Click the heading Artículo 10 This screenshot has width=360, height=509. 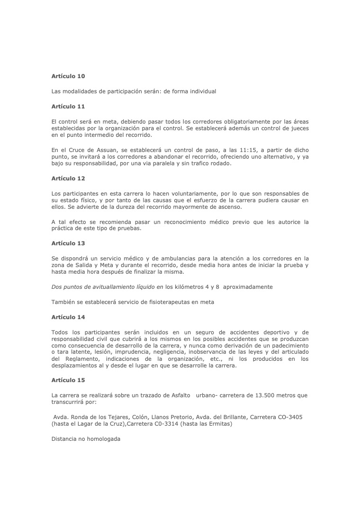[68, 76]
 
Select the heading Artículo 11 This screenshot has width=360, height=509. [68, 107]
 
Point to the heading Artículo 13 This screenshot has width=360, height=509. [68, 243]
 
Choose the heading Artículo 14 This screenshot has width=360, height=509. [68, 317]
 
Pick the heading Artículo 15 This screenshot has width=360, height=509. [68, 380]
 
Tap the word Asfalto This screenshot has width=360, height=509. [179, 395]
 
